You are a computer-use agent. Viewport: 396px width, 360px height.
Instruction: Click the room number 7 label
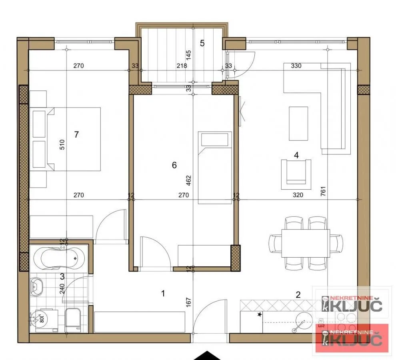tap(76, 134)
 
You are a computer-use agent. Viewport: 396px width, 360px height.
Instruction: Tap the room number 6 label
tap(174, 165)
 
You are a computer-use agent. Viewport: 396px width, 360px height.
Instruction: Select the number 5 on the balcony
tap(202, 43)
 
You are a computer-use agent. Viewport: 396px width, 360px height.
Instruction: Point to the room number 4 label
tap(296, 155)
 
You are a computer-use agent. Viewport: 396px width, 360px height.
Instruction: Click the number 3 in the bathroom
tap(62, 276)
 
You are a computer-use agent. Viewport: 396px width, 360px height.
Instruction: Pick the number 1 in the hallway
tap(163, 294)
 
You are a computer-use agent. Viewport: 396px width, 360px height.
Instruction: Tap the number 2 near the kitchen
tap(298, 295)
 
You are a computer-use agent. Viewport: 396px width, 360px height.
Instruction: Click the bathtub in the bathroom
tap(59, 258)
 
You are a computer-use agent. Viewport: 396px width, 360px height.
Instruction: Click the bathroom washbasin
tap(39, 286)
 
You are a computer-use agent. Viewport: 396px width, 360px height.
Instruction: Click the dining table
tap(306, 243)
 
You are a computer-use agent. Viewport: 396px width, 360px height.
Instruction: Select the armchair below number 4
tap(296, 174)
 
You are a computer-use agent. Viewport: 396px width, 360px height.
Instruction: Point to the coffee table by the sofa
tap(298, 123)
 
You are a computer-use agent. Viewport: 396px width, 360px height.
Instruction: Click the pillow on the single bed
tap(215, 140)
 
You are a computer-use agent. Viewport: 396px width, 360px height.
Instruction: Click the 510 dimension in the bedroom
tap(62, 144)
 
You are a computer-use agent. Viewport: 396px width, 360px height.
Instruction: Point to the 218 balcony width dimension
tap(182, 66)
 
